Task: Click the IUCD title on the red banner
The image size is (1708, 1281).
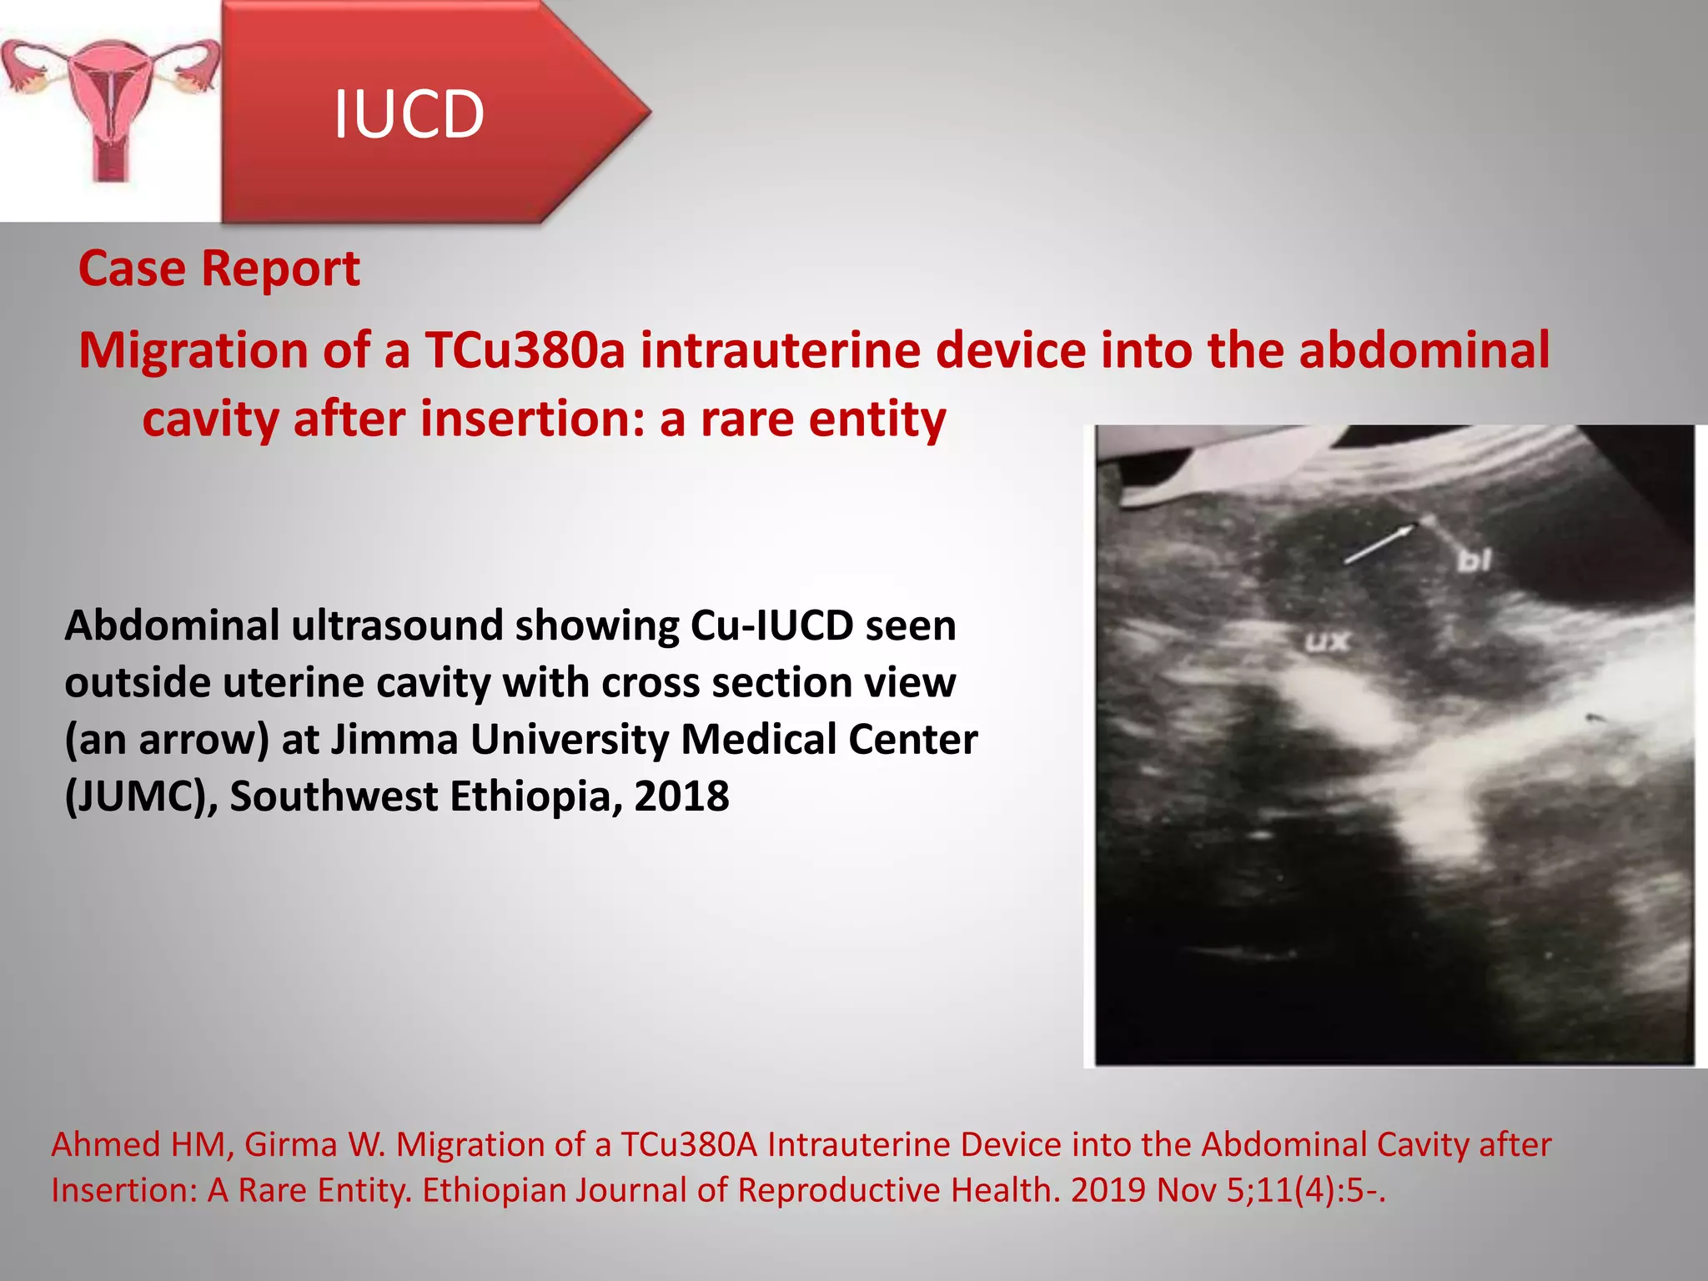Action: click(x=409, y=114)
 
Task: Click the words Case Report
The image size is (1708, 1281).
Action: click(x=219, y=269)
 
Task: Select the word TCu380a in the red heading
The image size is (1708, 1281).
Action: click(x=525, y=349)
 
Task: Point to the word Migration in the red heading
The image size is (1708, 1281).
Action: click(x=193, y=349)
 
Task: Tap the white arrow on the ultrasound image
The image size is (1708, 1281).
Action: click(x=1380, y=543)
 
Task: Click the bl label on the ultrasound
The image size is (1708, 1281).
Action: click(x=1474, y=561)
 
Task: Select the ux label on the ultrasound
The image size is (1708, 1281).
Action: click(x=1328, y=641)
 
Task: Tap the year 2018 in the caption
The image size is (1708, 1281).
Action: click(x=681, y=796)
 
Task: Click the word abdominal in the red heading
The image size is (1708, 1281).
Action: click(x=1424, y=349)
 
